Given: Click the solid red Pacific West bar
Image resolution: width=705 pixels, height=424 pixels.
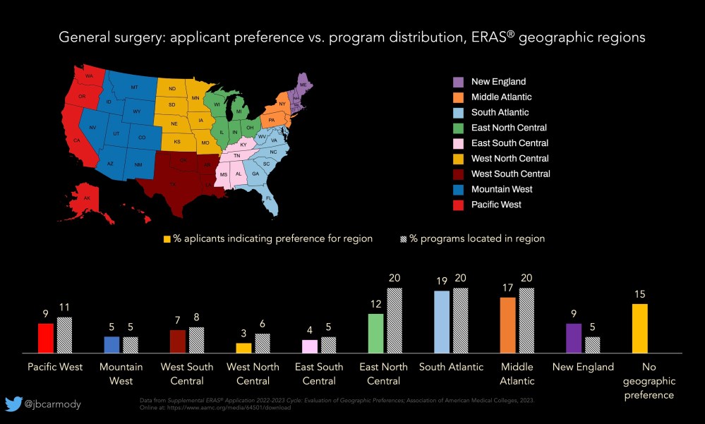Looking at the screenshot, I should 46,338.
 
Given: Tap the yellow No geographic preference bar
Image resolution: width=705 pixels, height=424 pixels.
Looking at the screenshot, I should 639,328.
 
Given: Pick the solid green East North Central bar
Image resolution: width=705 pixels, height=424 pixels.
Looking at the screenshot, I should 375,333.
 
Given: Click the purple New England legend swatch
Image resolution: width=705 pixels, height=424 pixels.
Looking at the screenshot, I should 458,82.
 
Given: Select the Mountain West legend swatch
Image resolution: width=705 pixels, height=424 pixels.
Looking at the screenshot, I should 458,189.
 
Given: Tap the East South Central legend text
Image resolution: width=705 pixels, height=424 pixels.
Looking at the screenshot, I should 510,143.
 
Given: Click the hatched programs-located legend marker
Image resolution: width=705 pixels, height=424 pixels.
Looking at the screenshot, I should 404,238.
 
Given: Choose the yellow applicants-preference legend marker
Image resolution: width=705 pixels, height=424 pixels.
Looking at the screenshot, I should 167,238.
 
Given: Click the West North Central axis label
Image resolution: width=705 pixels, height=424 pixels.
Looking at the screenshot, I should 253,374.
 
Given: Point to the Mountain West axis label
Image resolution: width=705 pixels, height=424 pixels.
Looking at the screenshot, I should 121,374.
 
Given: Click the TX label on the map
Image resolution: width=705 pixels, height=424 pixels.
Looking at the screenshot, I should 172,184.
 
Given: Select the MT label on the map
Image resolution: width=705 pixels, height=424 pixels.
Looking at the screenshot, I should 133,87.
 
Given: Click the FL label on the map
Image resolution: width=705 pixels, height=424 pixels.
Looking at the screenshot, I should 270,199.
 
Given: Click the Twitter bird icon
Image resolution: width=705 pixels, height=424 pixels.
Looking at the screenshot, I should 13,404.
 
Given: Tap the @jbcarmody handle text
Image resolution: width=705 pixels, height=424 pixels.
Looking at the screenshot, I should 53,404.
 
